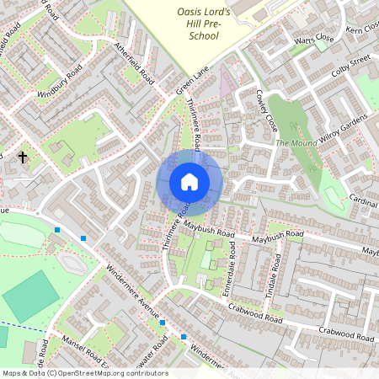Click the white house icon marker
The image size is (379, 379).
pos(189,181)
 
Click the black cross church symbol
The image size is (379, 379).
pos(23,157)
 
